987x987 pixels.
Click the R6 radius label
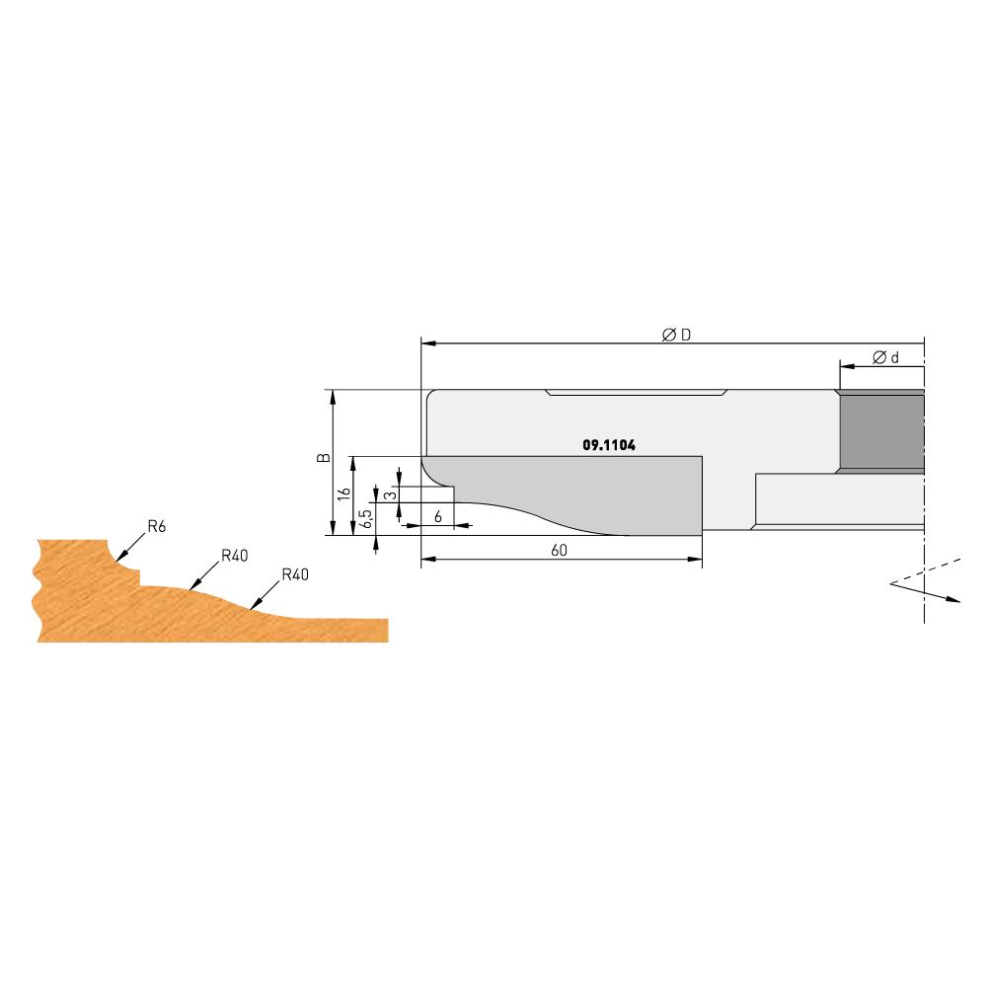[x=157, y=527]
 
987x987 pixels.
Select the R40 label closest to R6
[x=234, y=556]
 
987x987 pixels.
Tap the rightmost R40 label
[x=295, y=573]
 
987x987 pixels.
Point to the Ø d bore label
[x=885, y=357]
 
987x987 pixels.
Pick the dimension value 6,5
[x=367, y=519]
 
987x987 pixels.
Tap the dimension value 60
[x=559, y=552]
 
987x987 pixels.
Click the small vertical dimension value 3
[x=390, y=494]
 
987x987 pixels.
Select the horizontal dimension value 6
[x=437, y=516]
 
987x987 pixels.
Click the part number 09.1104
[x=608, y=445]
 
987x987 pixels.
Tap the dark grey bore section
[x=880, y=430]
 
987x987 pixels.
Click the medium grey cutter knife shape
[x=592, y=493]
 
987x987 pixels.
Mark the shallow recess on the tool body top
[x=637, y=392]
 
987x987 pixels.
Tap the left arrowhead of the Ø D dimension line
[x=427, y=343]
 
